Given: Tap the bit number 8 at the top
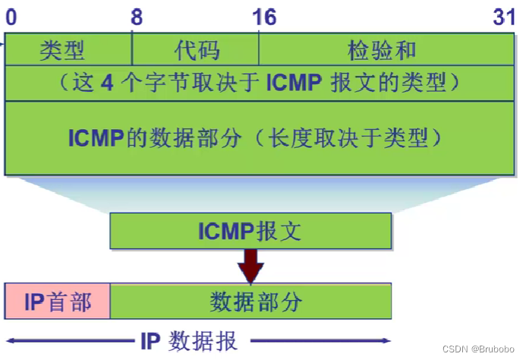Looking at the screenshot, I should pos(137,16).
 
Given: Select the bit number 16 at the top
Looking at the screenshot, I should pos(265,16).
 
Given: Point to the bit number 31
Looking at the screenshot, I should pos(503,16).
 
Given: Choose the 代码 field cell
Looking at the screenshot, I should pos(197,51).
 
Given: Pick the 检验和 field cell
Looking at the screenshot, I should pos(383,51).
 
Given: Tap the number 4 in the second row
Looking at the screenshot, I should pos(108,83).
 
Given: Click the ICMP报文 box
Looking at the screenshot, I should pos(250,231).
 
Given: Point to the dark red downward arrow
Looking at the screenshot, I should pos(251,266).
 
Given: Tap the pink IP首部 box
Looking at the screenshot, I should pos(58,302).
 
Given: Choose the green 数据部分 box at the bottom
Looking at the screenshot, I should pos(251,302).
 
